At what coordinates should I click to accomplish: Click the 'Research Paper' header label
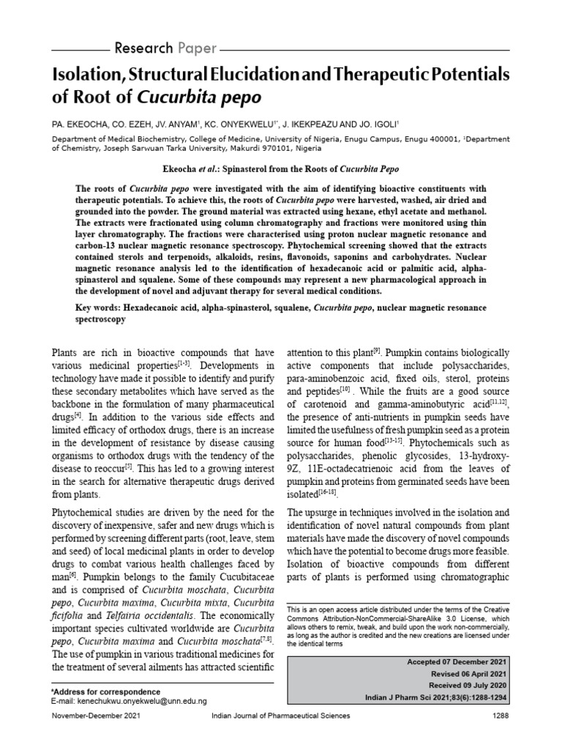(165, 49)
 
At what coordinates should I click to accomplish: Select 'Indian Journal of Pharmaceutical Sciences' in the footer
(280, 733)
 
